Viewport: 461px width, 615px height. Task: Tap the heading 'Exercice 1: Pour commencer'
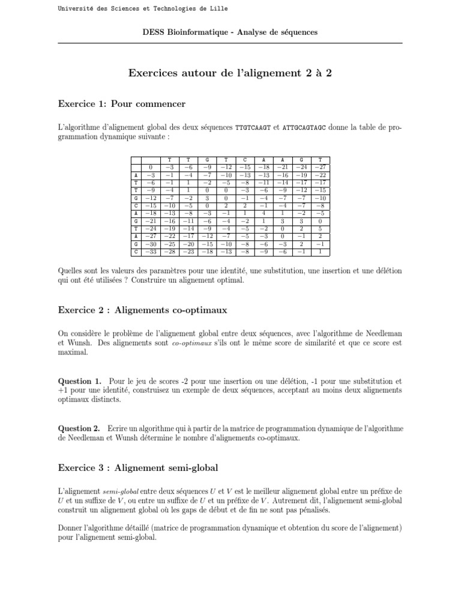121,105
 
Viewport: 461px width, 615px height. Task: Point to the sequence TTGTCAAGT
253,129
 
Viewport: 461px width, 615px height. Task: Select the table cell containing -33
151,252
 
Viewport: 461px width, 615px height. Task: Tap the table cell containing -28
170,252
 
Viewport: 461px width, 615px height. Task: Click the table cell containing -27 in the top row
321,166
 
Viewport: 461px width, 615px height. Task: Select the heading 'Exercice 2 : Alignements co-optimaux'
142,310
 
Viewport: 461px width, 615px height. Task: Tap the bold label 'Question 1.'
79,381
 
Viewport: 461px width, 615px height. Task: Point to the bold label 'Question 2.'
79,428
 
